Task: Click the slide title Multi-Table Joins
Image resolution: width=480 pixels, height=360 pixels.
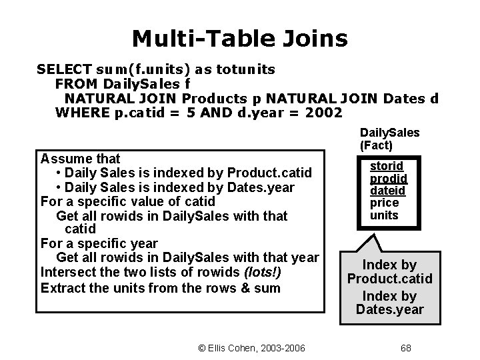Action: pos(239,39)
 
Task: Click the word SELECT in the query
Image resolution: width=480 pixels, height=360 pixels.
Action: pos(64,69)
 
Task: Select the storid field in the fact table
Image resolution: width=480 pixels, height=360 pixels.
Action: pos(387,166)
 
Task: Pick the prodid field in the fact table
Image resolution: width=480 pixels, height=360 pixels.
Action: pos(389,179)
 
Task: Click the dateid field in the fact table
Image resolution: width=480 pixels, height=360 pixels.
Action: pos(388,191)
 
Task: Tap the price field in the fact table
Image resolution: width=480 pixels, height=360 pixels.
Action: pos(384,203)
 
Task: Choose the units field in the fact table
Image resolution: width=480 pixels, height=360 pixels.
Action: pos(384,215)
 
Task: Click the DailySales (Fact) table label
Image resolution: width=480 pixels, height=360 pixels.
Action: pos(389,138)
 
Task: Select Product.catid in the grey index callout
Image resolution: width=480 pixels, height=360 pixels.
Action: pos(390,279)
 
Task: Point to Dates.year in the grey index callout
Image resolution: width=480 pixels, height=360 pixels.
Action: pos(390,309)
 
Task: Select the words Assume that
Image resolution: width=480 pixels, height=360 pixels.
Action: pos(80,159)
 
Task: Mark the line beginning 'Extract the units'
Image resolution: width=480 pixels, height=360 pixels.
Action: pos(161,287)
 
